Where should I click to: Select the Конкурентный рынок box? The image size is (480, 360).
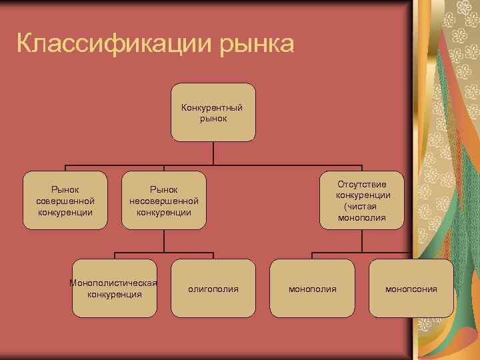click(x=213, y=112)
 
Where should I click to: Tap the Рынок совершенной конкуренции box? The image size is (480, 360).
click(x=65, y=200)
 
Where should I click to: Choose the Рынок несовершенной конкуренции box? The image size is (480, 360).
click(x=163, y=200)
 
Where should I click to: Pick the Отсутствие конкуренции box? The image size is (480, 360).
click(x=362, y=200)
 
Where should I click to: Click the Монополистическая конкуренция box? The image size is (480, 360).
click(x=114, y=288)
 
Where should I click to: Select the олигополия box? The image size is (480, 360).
click(x=213, y=288)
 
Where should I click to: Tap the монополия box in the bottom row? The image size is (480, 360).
click(x=312, y=288)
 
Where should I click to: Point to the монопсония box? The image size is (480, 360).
click(x=411, y=288)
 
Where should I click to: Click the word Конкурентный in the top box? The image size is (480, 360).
click(x=212, y=107)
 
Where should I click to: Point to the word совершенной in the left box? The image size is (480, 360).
click(x=65, y=201)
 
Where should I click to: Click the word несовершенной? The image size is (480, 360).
click(x=164, y=201)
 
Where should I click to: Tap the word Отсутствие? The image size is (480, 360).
click(x=362, y=184)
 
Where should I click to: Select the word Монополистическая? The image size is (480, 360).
click(x=113, y=283)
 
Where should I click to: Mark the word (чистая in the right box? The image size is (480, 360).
click(x=361, y=207)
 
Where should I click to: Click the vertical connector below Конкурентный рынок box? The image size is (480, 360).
click(x=213, y=153)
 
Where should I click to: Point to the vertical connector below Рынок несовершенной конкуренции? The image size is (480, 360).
click(x=163, y=241)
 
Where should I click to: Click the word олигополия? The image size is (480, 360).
click(x=213, y=289)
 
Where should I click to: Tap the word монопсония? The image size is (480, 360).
click(x=411, y=289)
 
